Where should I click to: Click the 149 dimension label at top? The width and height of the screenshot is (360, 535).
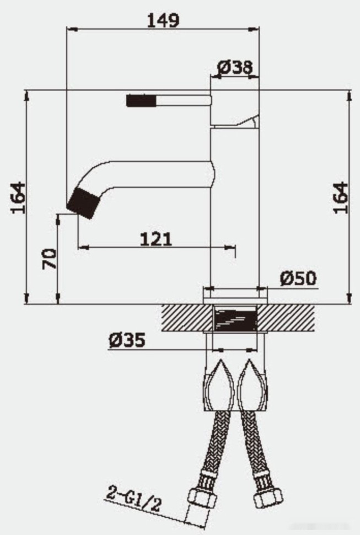pos(163,20)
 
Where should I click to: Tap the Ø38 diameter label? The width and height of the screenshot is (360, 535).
pos(235,67)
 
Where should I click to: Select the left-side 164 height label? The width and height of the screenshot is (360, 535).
pos(19,197)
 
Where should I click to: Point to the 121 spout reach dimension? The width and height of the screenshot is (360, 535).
pos(155,239)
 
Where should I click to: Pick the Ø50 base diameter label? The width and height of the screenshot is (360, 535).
pos(298,279)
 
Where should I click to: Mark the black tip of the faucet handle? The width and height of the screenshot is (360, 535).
pos(141,100)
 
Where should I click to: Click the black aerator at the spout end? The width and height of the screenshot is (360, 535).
pos(83,201)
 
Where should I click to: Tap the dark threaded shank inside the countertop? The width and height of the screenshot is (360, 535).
pos(235,319)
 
